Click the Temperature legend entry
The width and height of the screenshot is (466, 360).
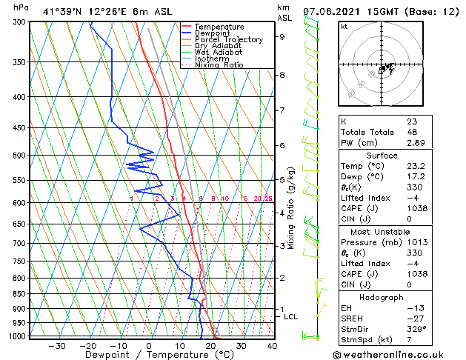click(x=219, y=27)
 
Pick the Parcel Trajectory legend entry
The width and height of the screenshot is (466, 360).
click(x=228, y=40)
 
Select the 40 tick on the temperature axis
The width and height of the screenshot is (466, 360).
click(x=272, y=346)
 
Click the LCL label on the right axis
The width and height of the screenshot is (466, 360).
click(x=291, y=317)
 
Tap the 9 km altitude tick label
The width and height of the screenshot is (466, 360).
click(x=282, y=36)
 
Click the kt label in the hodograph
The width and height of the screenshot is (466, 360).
click(x=344, y=27)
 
